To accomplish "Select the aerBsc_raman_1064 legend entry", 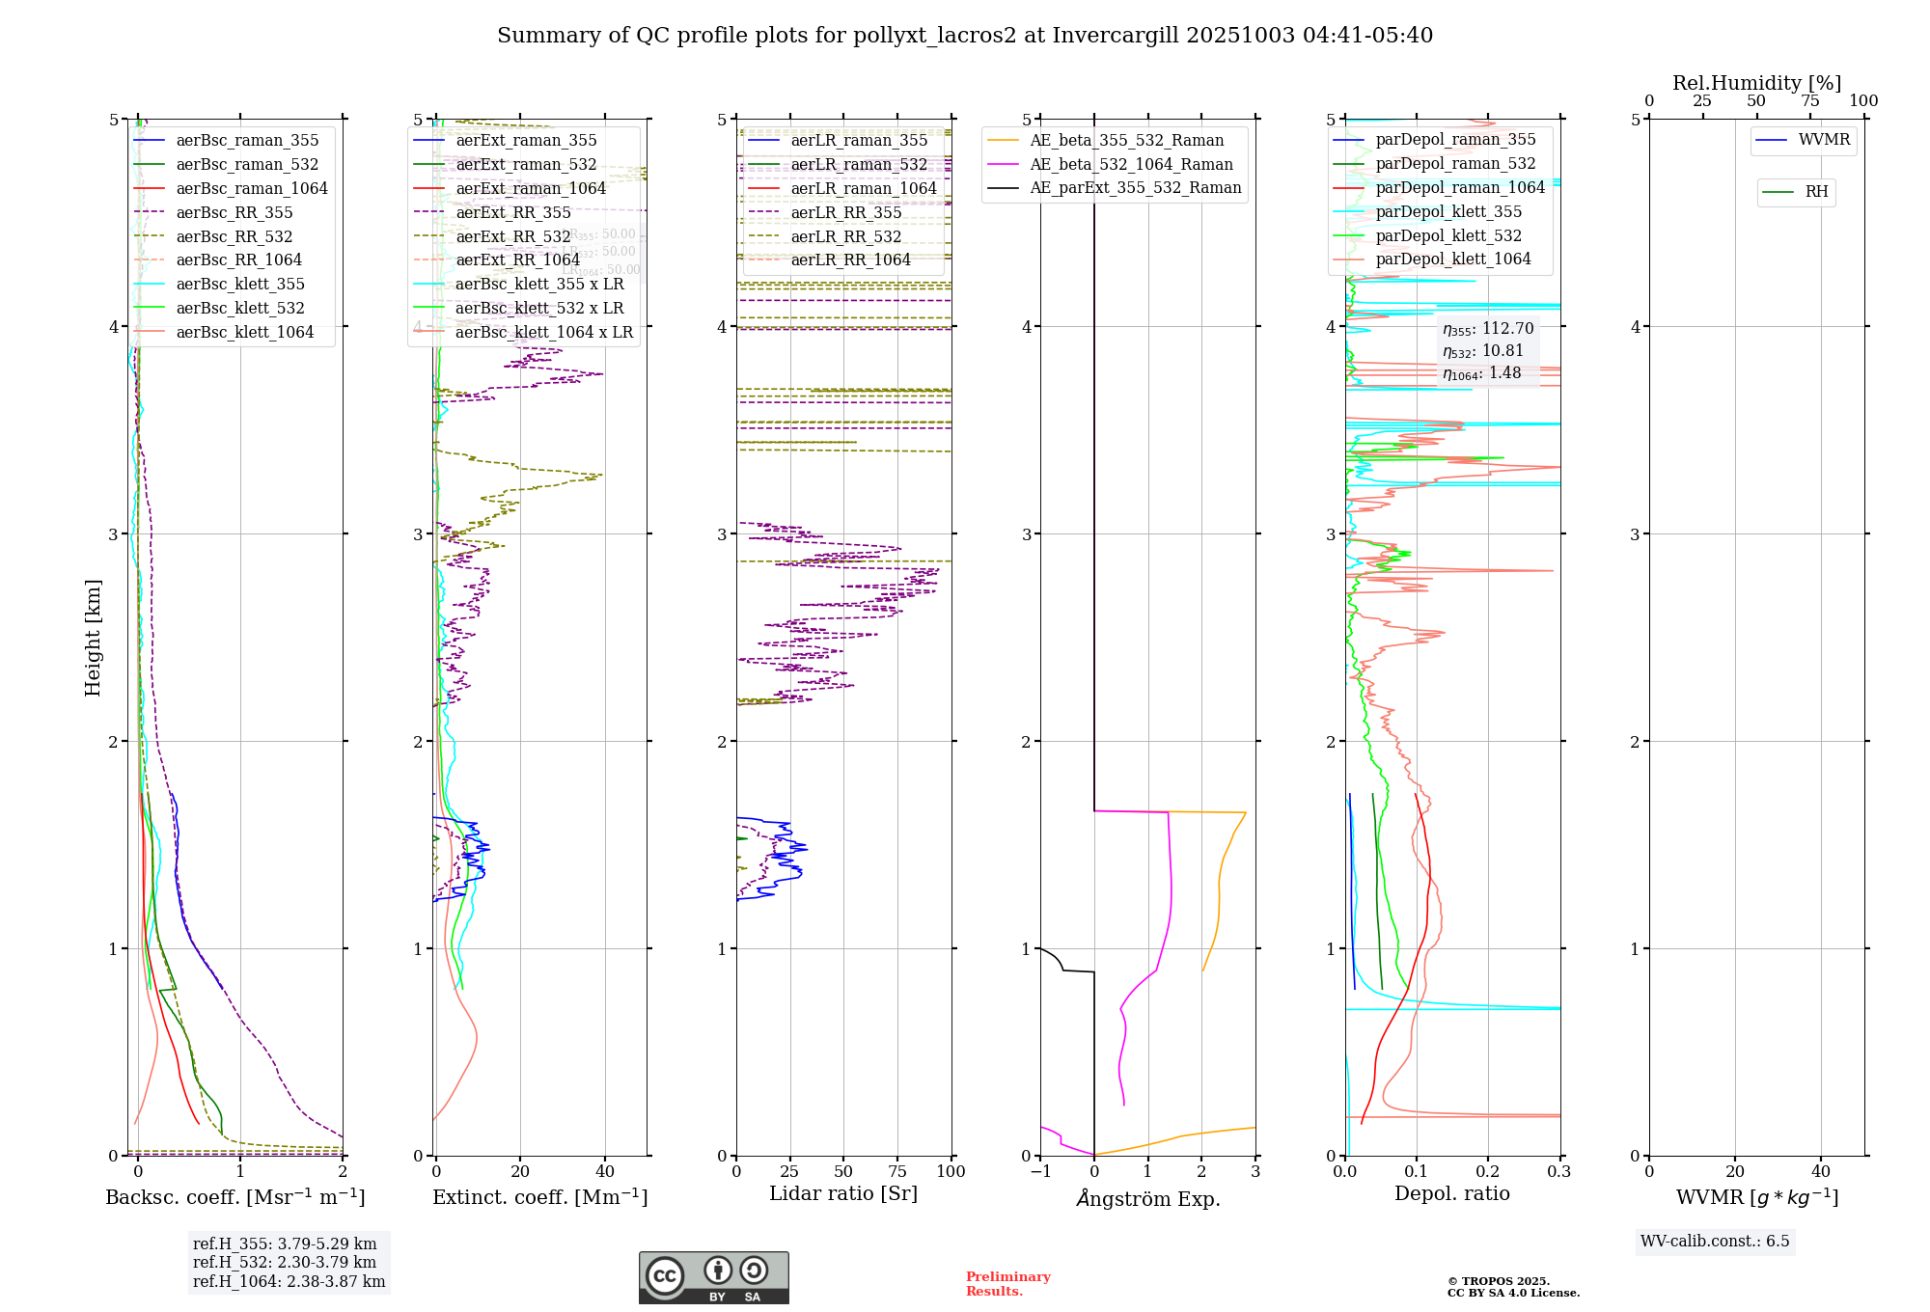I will pos(251,188).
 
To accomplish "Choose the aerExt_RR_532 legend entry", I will pos(512,236).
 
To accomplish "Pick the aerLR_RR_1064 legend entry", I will pos(850,260).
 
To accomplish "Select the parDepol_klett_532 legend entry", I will pos(1447,235).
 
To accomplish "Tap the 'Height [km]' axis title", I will pos(93,637).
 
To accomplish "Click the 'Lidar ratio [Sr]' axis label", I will pos(843,1193).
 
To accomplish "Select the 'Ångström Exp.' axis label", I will pos(1148,1198).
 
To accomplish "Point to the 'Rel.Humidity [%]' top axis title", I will pos(1756,83).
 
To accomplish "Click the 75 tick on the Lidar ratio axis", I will pos(897,1172).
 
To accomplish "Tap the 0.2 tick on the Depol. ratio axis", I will pos(1488,1172).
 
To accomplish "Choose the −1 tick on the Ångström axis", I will pos(1040,1172).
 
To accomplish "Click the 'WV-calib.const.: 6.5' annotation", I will pos(1715,1242).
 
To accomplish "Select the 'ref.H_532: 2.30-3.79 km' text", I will pos(285,1262).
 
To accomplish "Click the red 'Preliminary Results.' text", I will pos(1007,1284).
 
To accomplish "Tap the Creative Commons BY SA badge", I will pos(713,1278).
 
